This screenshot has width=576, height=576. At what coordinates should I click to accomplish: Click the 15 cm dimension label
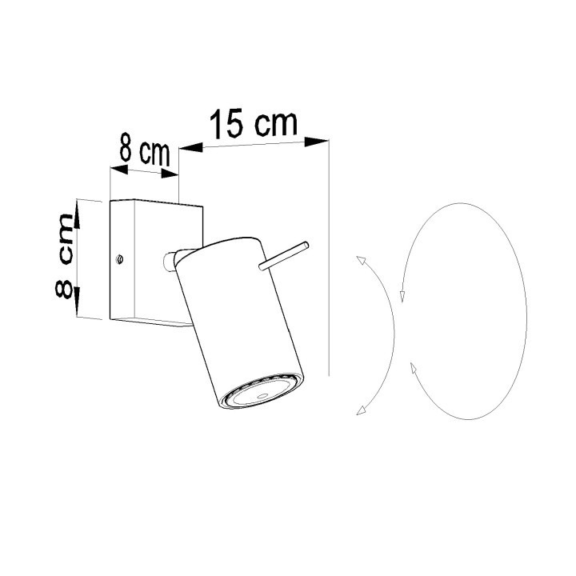point(253,123)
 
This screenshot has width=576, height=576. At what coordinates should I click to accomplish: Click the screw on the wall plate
point(119,259)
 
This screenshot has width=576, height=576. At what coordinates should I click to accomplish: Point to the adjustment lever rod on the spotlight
point(283,256)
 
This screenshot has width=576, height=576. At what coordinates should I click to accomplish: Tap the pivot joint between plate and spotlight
point(170,261)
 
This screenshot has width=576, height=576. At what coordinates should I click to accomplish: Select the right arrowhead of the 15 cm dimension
point(316,142)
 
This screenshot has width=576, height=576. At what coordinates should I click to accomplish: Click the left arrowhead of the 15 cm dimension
point(191,148)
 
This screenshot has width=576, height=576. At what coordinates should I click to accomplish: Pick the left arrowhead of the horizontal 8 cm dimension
point(119,170)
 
